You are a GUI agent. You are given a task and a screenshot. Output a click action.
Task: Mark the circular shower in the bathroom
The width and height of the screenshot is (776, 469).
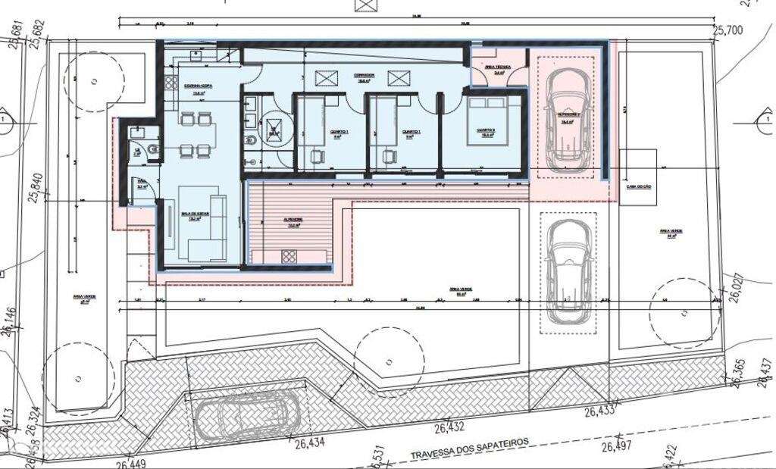coord(275,129)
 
